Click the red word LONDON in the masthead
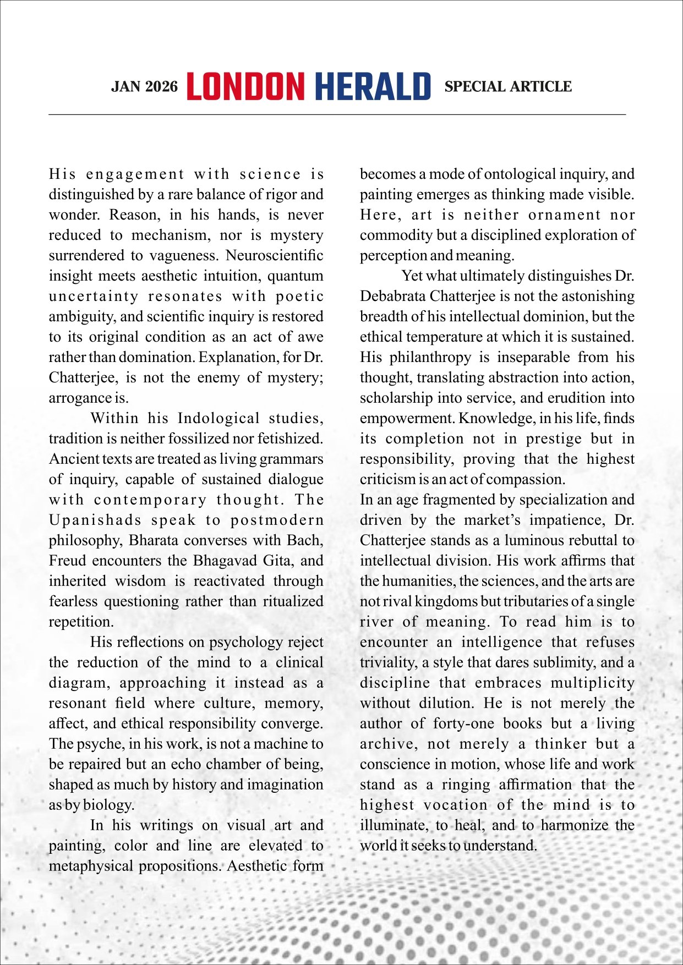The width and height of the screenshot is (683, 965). [245, 87]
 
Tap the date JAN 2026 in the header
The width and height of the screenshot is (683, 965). [144, 87]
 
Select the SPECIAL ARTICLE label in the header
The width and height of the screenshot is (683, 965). [508, 87]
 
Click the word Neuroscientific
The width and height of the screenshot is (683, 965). [274, 256]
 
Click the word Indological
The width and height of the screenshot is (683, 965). [218, 419]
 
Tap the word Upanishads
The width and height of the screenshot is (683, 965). [95, 520]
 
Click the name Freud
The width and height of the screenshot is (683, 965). [68, 561]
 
